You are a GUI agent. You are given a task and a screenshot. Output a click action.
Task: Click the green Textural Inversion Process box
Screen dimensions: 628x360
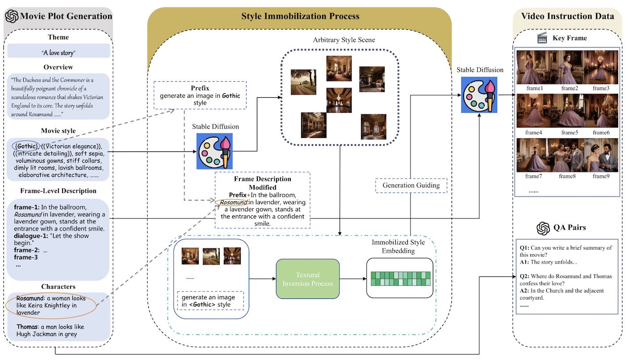point(308,279)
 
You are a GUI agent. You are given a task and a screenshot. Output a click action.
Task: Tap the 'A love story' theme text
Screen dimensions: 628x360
point(59,52)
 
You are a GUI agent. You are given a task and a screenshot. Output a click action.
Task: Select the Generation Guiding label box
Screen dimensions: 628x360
point(411,185)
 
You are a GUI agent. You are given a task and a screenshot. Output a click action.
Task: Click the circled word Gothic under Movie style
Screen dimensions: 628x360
point(26,146)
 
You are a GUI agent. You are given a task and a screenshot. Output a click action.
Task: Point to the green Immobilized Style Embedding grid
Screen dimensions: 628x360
point(400,278)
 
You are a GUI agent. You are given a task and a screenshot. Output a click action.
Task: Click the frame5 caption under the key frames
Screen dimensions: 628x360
point(569,132)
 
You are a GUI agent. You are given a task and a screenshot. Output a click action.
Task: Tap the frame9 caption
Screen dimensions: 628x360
point(601,176)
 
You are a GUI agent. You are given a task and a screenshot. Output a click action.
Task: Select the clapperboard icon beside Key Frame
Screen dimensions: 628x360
point(542,38)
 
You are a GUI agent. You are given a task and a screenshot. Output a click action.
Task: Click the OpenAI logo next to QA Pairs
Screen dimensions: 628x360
point(543,228)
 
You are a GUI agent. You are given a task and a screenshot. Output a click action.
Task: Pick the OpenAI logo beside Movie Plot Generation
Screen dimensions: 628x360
point(12,16)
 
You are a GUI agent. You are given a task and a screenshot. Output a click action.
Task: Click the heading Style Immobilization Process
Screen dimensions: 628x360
point(300,16)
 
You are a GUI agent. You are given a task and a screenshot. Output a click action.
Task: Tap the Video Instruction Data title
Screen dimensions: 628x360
point(567,16)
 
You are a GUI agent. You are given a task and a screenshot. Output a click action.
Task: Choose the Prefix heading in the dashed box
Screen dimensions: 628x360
point(200,88)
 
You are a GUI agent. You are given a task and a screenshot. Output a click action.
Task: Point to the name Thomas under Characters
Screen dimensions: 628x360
point(27,327)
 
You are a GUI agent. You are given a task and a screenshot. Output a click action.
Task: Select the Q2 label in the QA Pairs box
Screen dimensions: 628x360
point(524,276)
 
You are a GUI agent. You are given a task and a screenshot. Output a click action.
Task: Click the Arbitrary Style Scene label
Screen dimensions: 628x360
point(344,40)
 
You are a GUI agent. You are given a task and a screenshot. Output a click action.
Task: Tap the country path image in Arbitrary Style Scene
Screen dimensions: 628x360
point(303,82)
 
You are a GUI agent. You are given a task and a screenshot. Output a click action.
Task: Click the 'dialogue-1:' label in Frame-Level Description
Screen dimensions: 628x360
point(31,236)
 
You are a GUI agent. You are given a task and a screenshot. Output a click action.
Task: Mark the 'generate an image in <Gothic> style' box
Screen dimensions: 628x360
point(210,301)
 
